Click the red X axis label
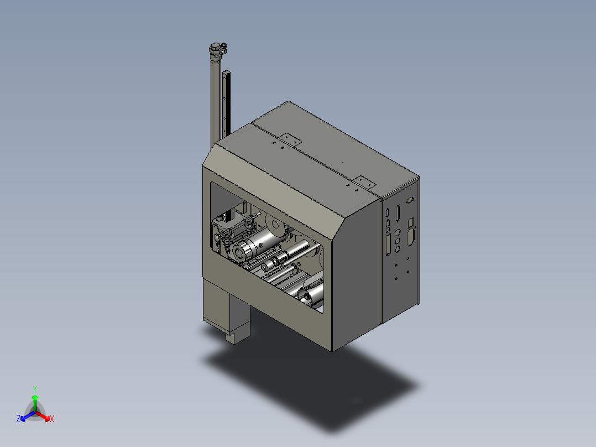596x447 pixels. click(x=52, y=419)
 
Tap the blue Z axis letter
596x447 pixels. click(x=18, y=418)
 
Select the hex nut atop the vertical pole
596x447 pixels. click(x=216, y=49)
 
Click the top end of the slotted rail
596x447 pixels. click(x=227, y=72)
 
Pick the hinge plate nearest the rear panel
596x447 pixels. click(x=363, y=182)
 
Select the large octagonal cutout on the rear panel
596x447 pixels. click(x=410, y=236)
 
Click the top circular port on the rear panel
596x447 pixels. click(x=398, y=232)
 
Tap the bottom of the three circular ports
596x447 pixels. click(x=398, y=249)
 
